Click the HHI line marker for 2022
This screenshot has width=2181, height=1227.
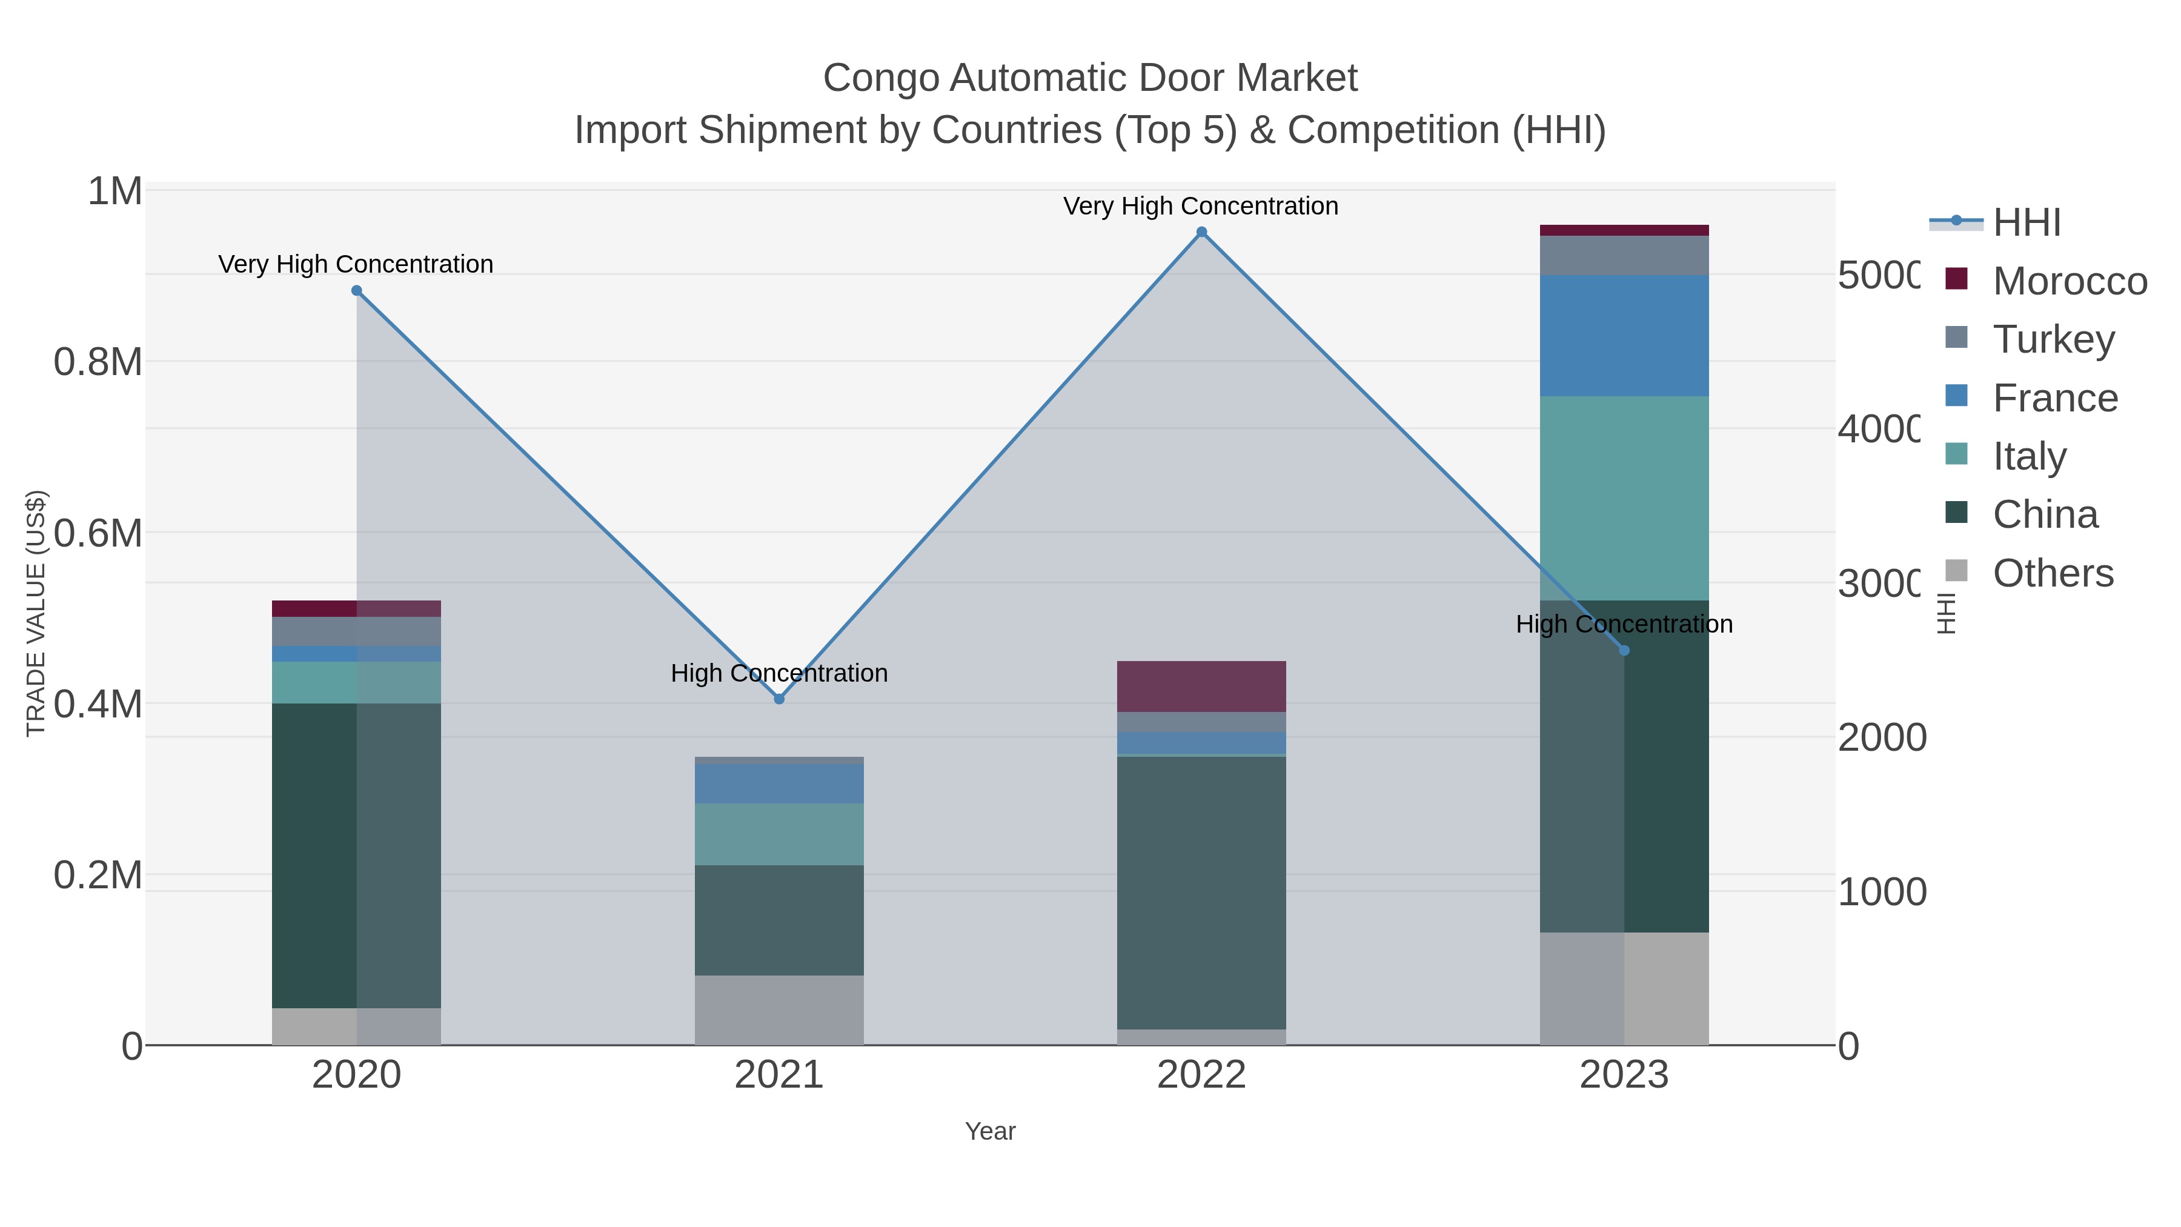(x=1201, y=232)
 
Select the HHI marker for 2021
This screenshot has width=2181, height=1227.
(x=779, y=699)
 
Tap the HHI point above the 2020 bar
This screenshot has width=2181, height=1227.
(x=356, y=290)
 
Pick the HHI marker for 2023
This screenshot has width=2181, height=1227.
(x=1624, y=650)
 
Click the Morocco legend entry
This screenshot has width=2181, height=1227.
(x=2070, y=281)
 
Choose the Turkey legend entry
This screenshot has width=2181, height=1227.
(x=2053, y=339)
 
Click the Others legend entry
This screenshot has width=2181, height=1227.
(x=2053, y=573)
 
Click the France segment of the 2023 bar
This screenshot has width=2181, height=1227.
(x=1624, y=335)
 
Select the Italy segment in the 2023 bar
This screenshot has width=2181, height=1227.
(x=1624, y=498)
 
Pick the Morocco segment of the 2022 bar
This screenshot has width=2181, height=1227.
(x=1201, y=686)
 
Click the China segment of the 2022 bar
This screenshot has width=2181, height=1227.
(x=1201, y=892)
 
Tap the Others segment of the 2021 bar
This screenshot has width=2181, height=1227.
(x=779, y=1009)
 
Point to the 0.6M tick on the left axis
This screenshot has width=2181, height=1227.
(x=98, y=533)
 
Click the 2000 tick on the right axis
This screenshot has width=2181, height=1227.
(x=1881, y=737)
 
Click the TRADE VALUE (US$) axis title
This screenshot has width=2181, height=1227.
(x=36, y=613)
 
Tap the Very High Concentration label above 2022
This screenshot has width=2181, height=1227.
(x=1201, y=206)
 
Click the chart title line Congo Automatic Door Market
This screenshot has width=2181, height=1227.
(x=1090, y=78)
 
